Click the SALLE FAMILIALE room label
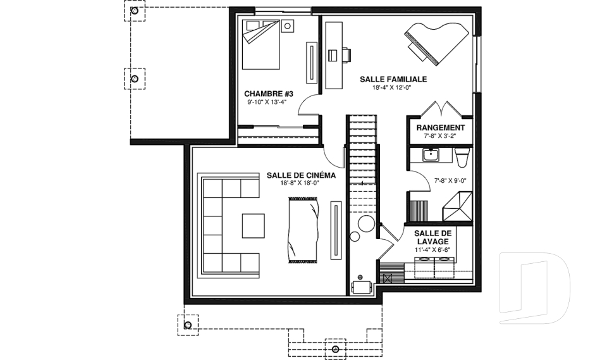coord(393,80)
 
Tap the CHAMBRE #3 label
coord(269,94)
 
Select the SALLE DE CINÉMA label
coord(301,175)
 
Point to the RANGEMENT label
coord(441,128)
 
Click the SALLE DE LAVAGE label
coord(432,237)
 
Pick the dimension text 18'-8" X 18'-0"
coord(300,183)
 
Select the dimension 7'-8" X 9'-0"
coord(450,180)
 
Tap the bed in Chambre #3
coord(261,45)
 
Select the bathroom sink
coord(430,155)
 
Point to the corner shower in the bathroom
coord(458,206)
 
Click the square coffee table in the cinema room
coord(254,225)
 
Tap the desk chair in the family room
coord(346,55)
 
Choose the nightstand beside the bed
coord(287,27)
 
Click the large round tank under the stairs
coord(366,223)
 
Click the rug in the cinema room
coord(304,230)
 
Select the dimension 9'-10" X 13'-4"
coord(267,102)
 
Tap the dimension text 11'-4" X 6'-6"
coord(432,250)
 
